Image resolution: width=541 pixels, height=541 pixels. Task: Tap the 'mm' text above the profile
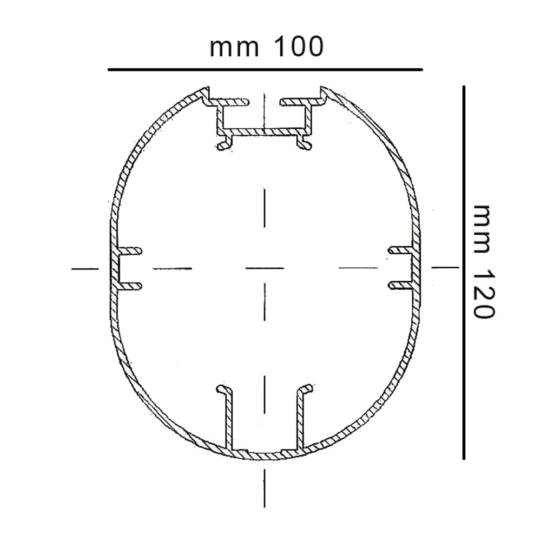click(234, 48)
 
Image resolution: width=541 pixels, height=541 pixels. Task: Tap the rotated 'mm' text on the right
click(481, 229)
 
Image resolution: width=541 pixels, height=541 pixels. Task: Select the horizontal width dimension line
click(265, 70)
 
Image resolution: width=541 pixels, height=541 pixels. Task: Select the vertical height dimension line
click(464, 273)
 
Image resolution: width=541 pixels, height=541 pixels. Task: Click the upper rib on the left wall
click(130, 251)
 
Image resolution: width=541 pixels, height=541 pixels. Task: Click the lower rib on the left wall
click(130, 286)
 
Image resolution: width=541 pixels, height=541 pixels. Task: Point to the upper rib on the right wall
click(400, 250)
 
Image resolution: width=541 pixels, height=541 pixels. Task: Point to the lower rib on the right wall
click(400, 285)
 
